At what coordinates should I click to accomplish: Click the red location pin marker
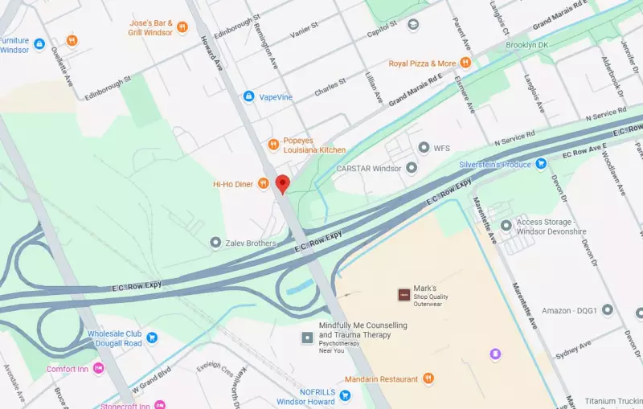coord(282,183)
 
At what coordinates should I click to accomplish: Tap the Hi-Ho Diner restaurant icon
coord(264,184)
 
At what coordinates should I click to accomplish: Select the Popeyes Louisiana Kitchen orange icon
coord(273,145)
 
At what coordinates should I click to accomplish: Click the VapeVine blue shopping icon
coord(249,96)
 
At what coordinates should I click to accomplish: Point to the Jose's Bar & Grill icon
coord(182,27)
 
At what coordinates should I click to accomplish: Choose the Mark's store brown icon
coord(403,295)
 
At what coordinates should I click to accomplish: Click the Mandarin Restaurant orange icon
coord(428,378)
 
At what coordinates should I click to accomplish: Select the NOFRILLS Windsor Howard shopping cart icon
coord(345,395)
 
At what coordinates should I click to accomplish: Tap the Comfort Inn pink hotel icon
coord(99,368)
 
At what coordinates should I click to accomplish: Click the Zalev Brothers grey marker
coord(215,243)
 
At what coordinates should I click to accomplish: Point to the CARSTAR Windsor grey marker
coord(412,168)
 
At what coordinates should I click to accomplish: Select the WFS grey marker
coord(424,148)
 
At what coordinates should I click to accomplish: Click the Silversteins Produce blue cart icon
coord(541,164)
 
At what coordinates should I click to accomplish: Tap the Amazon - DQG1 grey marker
coord(608,309)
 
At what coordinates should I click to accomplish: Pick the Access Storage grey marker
coord(506,227)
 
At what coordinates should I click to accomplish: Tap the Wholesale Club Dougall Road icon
coord(96,338)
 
